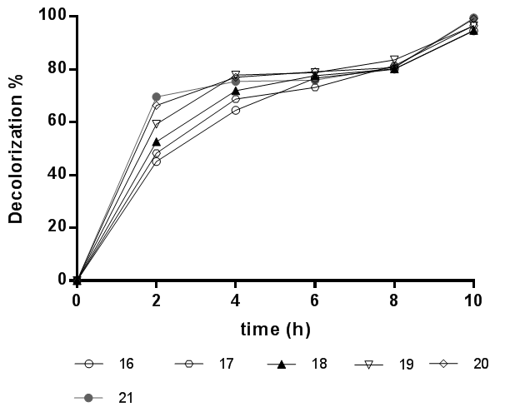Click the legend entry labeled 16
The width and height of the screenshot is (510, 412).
click(x=108, y=364)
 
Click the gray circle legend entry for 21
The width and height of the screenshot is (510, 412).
click(x=108, y=398)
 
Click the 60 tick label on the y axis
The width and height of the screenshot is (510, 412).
click(x=57, y=122)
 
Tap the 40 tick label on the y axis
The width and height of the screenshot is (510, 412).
click(x=57, y=175)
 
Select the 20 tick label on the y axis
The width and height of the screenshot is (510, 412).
click(x=57, y=227)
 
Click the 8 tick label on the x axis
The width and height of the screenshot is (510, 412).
click(x=394, y=301)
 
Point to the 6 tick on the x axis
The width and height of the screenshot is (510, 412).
click(x=315, y=301)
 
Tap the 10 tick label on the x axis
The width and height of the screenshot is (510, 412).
click(x=473, y=301)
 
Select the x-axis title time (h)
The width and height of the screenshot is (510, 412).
click(x=276, y=330)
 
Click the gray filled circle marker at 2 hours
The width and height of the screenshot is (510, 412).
click(x=156, y=97)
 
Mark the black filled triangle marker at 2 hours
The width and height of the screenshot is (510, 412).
click(x=156, y=141)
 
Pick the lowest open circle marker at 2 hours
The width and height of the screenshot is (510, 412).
click(x=156, y=161)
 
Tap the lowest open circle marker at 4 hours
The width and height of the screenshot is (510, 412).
click(x=236, y=110)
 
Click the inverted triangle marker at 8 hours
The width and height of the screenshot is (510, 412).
click(x=394, y=60)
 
